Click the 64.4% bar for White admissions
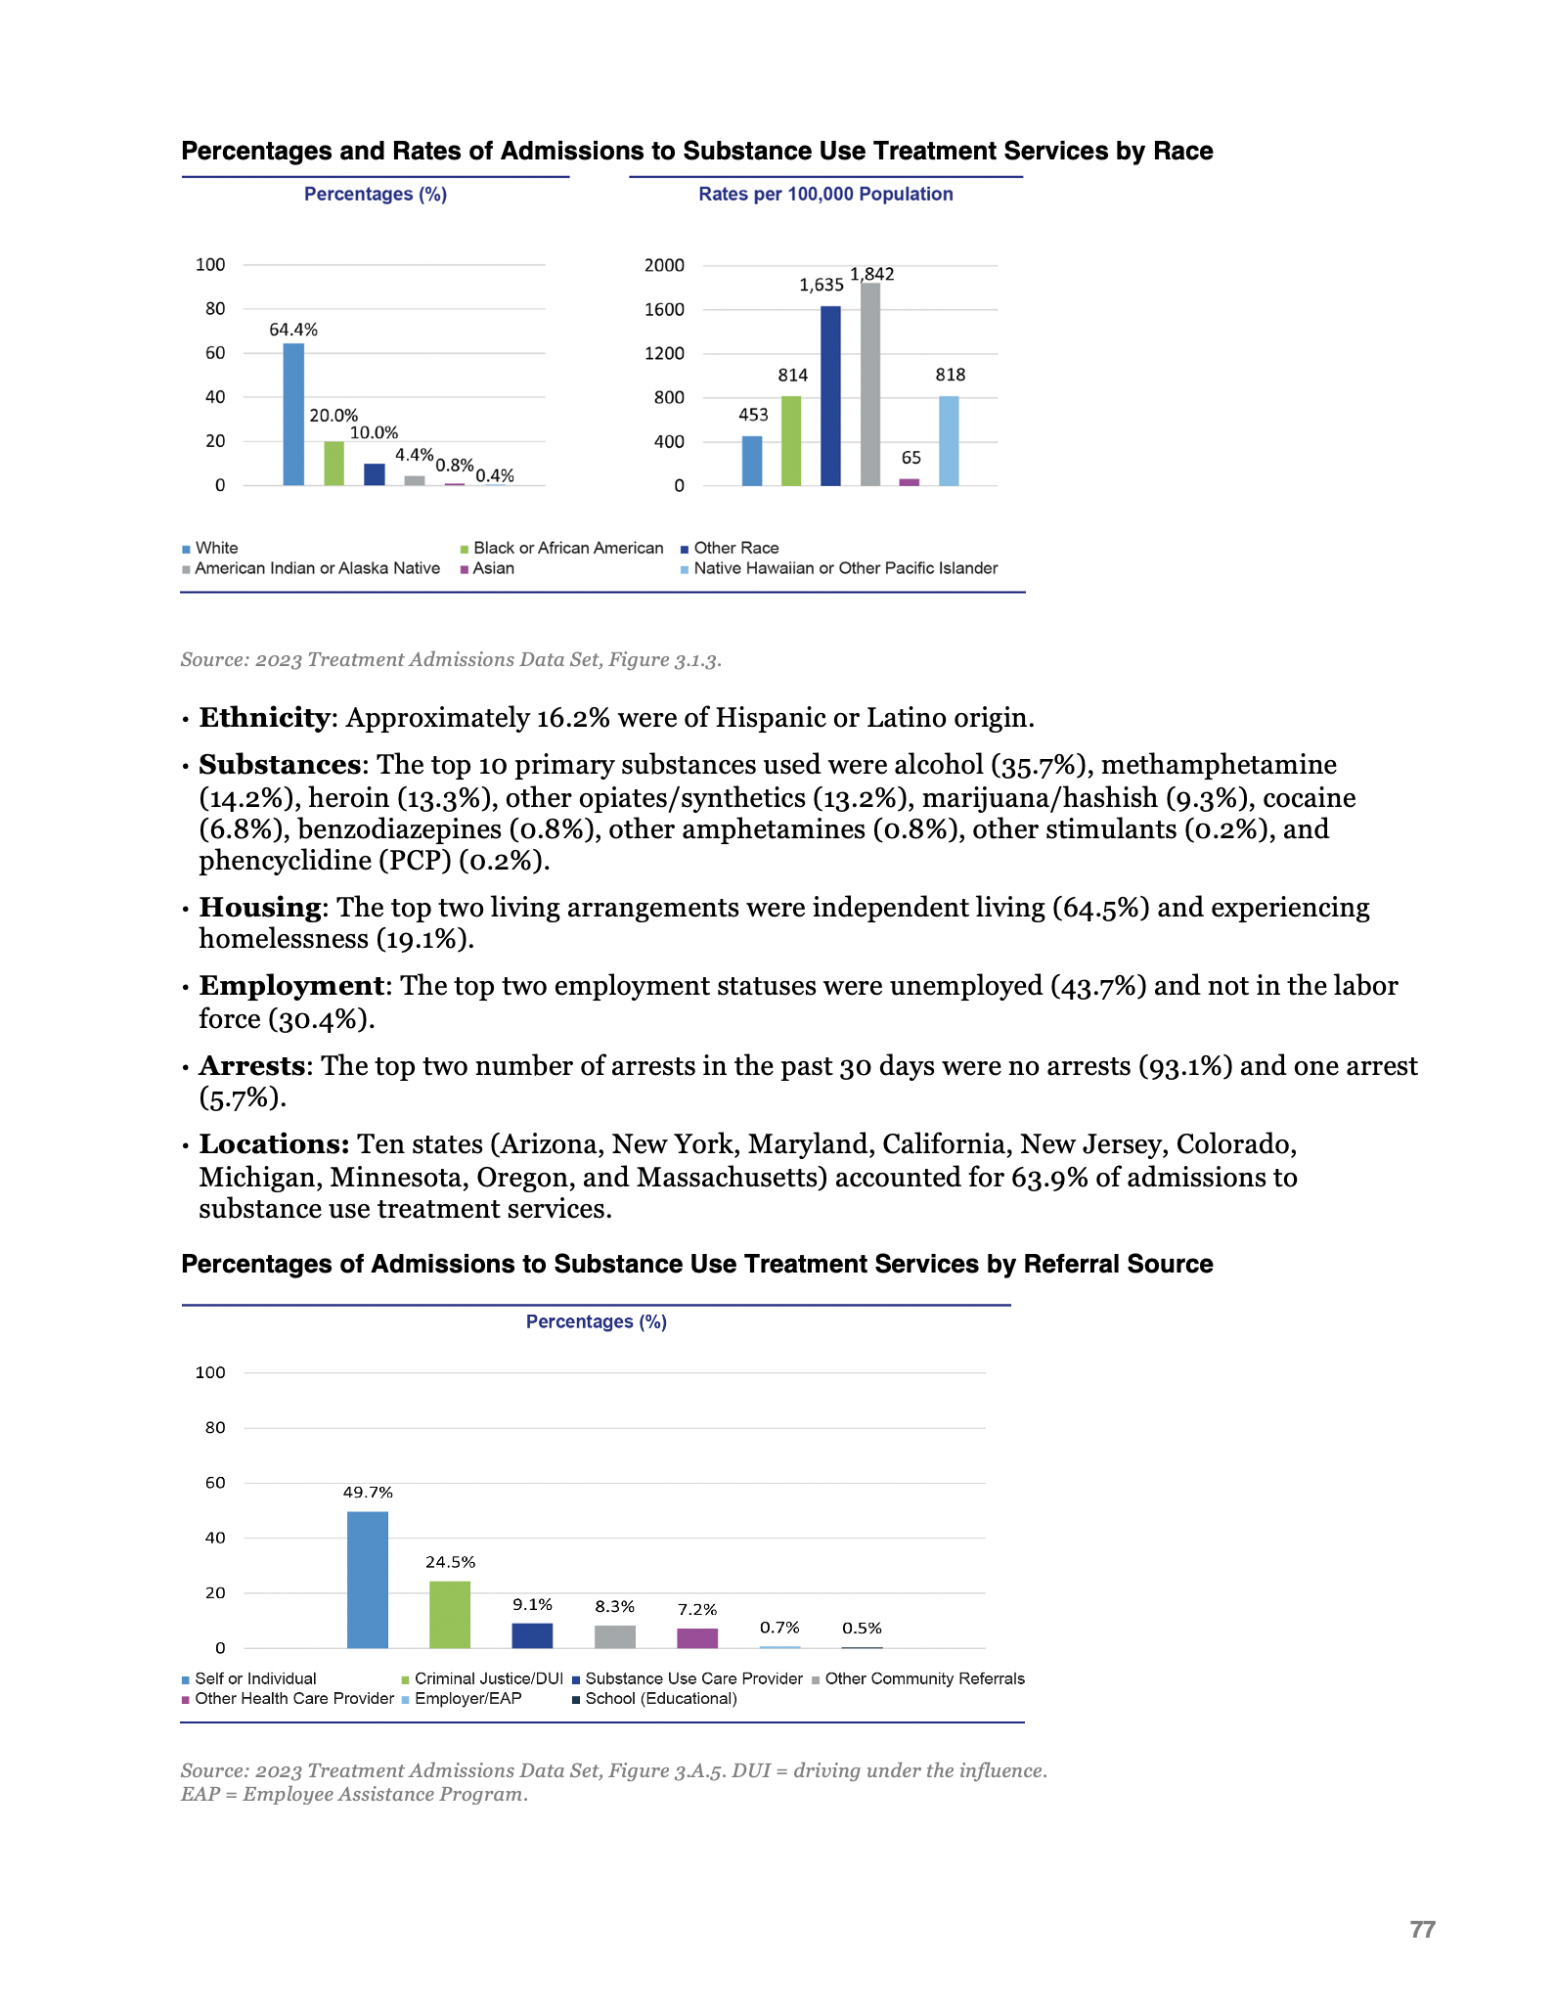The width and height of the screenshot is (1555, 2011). point(293,415)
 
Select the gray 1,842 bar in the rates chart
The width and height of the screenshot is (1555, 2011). point(870,384)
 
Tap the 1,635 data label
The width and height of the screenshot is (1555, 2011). point(821,285)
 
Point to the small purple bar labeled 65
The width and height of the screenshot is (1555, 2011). point(910,481)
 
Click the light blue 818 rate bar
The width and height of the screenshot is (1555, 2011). point(949,441)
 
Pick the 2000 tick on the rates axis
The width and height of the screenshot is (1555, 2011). point(664,265)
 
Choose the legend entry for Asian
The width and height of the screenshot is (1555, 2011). point(493,568)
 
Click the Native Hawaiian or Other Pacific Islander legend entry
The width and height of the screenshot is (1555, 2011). point(845,568)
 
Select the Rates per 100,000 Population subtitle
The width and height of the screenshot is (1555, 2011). point(825,194)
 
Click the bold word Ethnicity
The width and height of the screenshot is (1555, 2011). point(264,718)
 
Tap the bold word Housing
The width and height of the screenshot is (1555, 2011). point(260,908)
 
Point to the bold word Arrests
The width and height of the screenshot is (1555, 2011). point(252,1066)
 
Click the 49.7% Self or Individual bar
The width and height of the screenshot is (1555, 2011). point(368,1580)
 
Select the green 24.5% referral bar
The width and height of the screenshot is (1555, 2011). point(450,1615)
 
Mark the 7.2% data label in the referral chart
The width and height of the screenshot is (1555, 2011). point(697,1609)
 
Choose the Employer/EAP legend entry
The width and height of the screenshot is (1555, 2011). point(467,1698)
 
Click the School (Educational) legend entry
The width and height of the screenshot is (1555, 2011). point(660,1698)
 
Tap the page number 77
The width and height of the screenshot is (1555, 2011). point(1422,1929)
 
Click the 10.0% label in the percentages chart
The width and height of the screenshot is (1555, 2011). point(374,432)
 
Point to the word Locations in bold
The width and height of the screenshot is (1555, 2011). point(274,1144)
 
